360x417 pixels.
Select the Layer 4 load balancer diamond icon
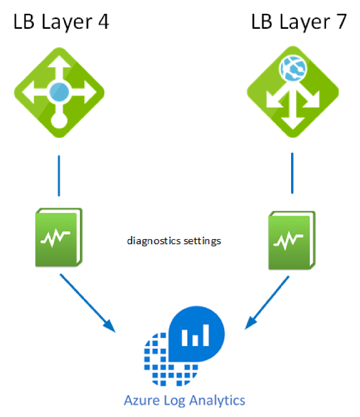coord(58,93)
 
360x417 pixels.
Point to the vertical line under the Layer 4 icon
coord(59,175)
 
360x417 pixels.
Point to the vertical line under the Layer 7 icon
coord(293,173)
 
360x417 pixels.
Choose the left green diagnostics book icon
coord(58,237)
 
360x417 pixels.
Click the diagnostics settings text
coord(174,240)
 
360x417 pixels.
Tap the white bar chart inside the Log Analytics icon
coord(196,335)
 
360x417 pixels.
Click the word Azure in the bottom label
coord(139,400)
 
